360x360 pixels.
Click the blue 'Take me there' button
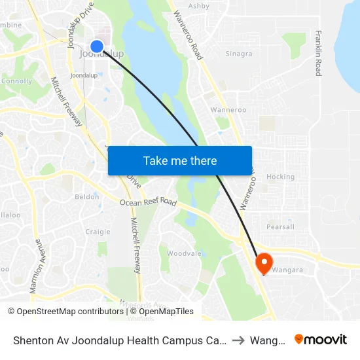coord(180,160)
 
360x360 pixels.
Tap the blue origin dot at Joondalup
coord(97,46)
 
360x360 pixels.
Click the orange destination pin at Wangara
coord(264,263)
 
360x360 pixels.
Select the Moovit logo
coord(321,339)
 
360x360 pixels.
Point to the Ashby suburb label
coord(198,6)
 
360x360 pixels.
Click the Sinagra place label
coord(238,54)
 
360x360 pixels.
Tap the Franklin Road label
coord(318,53)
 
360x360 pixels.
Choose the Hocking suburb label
coord(280,177)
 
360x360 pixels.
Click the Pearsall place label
coord(281,226)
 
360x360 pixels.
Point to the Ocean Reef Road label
coord(148,203)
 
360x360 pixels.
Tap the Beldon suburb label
coord(87,196)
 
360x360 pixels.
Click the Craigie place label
coord(98,232)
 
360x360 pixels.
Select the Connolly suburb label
coord(16,81)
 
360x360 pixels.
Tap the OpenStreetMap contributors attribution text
coord(65,312)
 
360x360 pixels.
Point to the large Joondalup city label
coord(101,54)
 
